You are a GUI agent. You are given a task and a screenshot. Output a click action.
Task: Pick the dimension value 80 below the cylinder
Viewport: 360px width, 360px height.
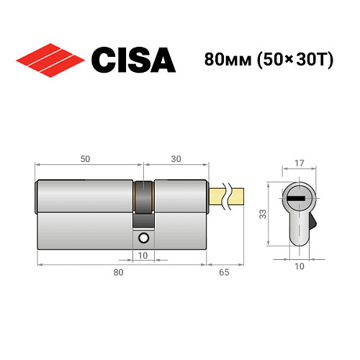(x=119, y=271)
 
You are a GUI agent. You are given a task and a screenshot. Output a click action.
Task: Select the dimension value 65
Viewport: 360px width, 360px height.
(x=225, y=271)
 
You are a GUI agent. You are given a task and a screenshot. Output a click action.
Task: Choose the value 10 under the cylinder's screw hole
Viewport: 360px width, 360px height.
(x=143, y=255)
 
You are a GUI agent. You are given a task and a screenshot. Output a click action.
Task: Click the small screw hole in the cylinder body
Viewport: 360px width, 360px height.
(x=143, y=238)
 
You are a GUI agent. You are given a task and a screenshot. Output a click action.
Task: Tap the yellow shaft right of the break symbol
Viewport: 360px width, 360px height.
(x=238, y=194)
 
